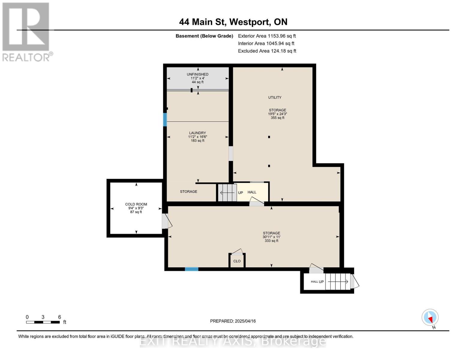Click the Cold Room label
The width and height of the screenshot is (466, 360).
click(136, 204)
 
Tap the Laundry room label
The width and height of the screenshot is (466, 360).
click(197, 133)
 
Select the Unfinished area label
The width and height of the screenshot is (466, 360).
click(197, 74)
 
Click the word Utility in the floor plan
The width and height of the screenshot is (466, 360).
click(275, 97)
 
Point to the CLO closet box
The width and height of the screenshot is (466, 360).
click(237, 261)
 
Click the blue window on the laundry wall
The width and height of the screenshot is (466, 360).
click(165, 119)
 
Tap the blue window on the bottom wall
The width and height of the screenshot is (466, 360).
click(191, 269)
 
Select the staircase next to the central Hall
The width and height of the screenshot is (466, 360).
click(227, 193)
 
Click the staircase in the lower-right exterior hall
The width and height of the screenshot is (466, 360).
click(338, 282)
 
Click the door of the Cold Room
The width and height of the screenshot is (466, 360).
click(166, 221)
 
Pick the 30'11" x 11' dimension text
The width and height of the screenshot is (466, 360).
click(271, 237)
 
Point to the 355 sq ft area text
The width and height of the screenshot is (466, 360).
click(277, 118)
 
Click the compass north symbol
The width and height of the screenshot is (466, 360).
click(430, 317)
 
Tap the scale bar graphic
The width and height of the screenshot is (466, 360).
click(43, 322)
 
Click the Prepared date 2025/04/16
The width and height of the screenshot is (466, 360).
click(233, 321)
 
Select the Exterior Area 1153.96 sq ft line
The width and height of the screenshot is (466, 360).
click(267, 36)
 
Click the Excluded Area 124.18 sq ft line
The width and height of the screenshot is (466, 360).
click(267, 51)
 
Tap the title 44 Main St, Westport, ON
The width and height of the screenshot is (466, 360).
click(233, 22)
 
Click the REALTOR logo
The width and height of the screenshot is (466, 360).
click(26, 31)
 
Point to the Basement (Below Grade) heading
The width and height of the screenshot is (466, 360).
click(204, 36)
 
